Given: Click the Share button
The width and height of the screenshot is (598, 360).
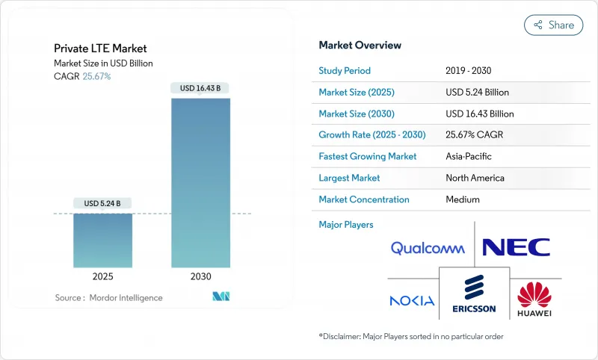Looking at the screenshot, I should pos(554,25).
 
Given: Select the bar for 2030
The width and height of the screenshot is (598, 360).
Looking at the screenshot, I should pos(200,182).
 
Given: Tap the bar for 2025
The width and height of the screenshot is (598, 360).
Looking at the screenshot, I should pos(102,240).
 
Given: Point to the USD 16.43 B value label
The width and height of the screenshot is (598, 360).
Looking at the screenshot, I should pos(200,88).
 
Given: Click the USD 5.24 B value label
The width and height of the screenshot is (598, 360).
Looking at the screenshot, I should pos(102,203).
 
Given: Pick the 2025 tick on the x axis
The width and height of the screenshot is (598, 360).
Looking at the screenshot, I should pos(102,276).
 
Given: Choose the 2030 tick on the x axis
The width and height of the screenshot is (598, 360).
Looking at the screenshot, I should pos(200,276).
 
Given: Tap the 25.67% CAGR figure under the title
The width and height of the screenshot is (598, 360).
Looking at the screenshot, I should pos(96,76).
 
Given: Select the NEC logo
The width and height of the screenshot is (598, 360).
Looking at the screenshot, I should pos(517,247).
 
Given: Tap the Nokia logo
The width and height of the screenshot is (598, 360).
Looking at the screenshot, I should pos(412,300).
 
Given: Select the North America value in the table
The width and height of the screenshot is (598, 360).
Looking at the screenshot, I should pos(475,179).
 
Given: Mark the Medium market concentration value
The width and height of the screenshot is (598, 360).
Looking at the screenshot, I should pos(462,199).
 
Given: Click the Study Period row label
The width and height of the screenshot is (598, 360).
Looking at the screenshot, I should pos(344,70).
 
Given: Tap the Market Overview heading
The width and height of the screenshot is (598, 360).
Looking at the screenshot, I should pos(360,45).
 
